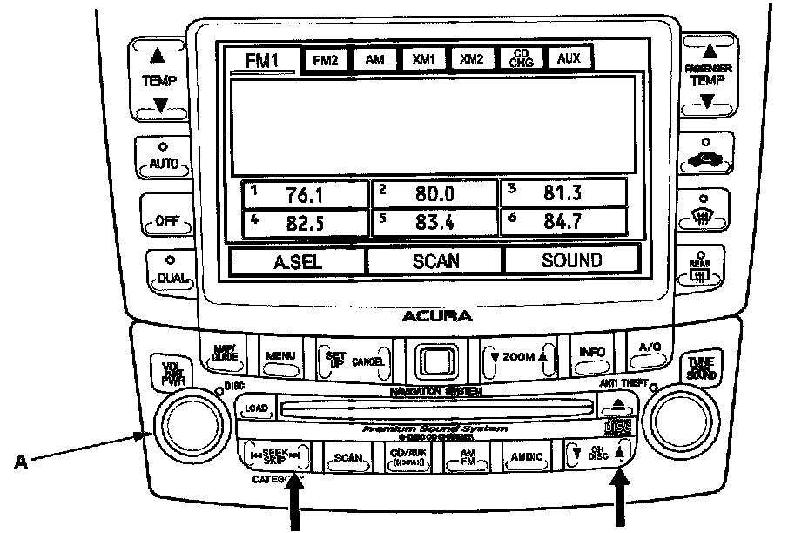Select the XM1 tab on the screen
[x=423, y=59]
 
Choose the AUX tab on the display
[x=569, y=58]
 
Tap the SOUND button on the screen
[x=571, y=260]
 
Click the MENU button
[x=281, y=356]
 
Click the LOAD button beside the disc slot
[x=256, y=408]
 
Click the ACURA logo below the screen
[x=437, y=315]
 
